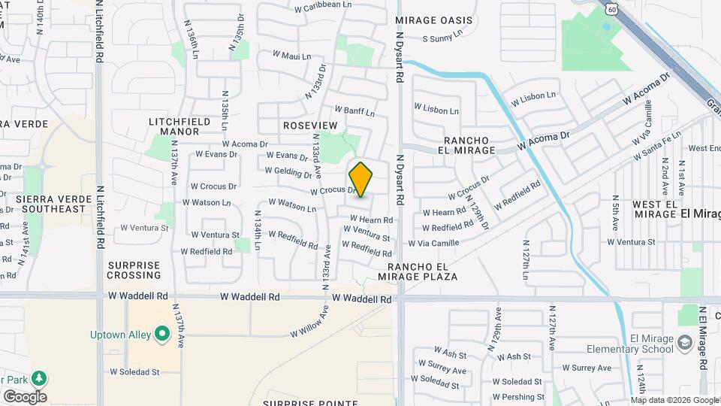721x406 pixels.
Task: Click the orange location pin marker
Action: point(361,180)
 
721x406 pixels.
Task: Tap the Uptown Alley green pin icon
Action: point(161,335)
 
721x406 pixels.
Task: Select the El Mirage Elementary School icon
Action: point(684,344)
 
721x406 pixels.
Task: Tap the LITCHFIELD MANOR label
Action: point(174,126)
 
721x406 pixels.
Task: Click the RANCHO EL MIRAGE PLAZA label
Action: point(423,271)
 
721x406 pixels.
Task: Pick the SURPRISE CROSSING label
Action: point(134,270)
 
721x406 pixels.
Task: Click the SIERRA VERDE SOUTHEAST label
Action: point(51,204)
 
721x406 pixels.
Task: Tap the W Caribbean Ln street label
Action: point(323,5)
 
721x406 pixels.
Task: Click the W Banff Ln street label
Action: point(354,111)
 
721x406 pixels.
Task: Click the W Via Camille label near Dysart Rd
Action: point(433,243)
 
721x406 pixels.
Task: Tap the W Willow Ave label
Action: point(309,321)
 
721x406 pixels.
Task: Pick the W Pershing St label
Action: point(518,396)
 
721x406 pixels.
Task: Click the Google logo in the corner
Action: point(24,396)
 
